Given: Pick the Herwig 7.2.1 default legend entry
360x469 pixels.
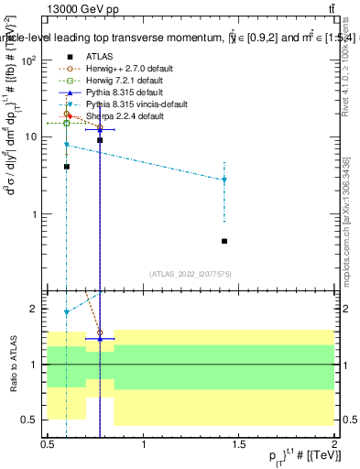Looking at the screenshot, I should [123, 80].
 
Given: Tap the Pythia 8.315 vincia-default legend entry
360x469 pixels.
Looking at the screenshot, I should [131, 104].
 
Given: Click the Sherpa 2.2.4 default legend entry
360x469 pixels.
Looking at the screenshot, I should [118, 116].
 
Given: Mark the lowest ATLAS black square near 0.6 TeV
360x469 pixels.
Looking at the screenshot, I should [67, 167].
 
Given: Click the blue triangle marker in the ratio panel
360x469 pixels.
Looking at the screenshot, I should [100, 339].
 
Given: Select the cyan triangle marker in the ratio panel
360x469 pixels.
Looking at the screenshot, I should [67, 312].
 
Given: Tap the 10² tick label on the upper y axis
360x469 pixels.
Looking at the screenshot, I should [29, 60].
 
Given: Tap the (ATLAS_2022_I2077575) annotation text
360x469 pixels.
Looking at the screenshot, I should [190, 273].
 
